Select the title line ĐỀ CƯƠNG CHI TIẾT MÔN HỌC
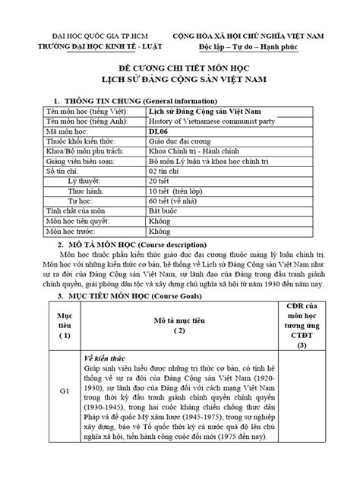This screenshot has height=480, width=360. coord(181,68)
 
